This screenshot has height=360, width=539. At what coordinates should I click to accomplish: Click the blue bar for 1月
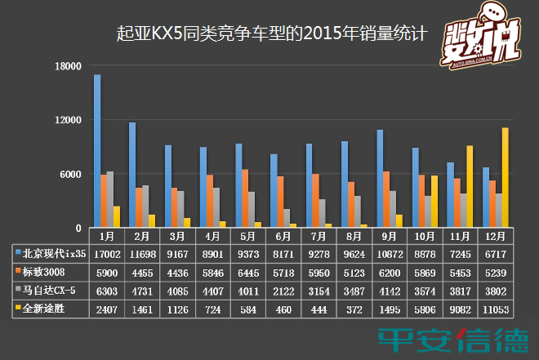97,151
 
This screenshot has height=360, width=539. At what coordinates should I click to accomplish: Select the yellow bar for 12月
506,177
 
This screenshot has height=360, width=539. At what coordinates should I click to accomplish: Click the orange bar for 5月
244,198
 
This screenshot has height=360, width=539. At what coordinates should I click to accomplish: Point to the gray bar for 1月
110,199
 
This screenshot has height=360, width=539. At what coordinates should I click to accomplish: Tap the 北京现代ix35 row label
53,252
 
